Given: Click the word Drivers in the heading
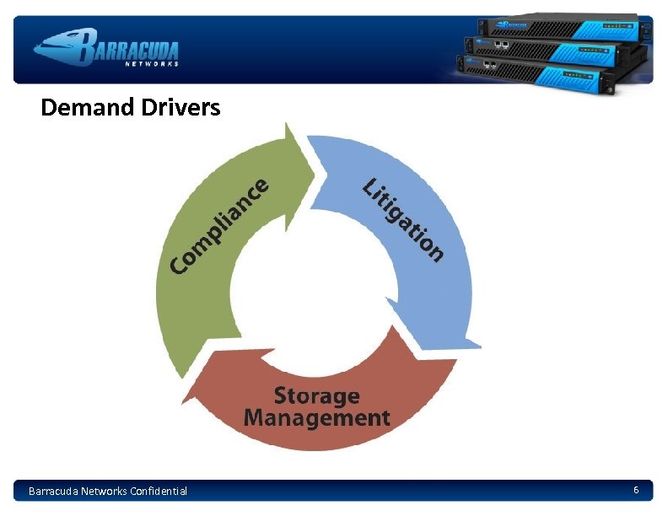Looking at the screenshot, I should pyautogui.click(x=180, y=108).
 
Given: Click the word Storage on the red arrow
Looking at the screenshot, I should pyautogui.click(x=317, y=395).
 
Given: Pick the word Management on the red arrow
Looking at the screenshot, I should pyautogui.click(x=317, y=417).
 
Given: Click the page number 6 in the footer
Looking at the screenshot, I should pyautogui.click(x=636, y=490).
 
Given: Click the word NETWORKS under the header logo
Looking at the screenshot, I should pyautogui.click(x=152, y=64).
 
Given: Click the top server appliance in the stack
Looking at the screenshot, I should pyautogui.click(x=561, y=28).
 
